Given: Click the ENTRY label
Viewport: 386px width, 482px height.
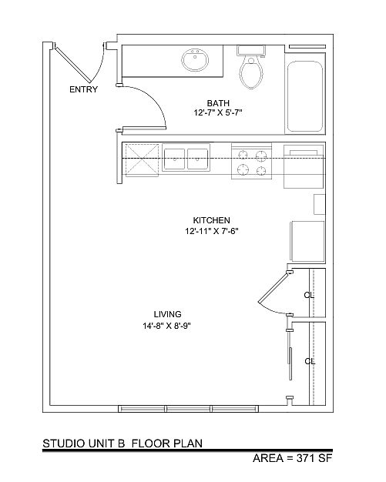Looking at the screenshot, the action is click(x=83, y=89).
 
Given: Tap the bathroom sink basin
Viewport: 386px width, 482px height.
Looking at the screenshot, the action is click(x=195, y=59).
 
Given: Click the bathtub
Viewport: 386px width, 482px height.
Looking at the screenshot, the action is click(x=305, y=96).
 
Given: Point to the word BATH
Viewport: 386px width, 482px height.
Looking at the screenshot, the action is click(x=218, y=103).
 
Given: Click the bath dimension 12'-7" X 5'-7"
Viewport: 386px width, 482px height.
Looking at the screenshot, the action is click(x=218, y=113).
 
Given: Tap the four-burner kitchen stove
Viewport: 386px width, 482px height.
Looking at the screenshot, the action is click(x=252, y=161).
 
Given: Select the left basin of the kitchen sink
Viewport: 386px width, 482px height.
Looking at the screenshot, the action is click(x=174, y=159).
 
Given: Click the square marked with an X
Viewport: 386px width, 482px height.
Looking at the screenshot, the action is click(x=142, y=160).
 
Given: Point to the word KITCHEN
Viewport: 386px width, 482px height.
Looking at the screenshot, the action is click(x=212, y=220).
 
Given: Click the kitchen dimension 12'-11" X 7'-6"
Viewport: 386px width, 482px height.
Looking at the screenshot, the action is click(x=212, y=231).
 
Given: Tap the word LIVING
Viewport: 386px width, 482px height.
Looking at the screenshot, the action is click(x=168, y=314).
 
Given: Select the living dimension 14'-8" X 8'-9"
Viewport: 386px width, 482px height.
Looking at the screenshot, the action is click(x=167, y=326).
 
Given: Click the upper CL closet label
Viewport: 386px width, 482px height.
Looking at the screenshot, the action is click(x=309, y=295).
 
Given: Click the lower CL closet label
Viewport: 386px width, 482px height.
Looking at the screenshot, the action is click(x=310, y=361).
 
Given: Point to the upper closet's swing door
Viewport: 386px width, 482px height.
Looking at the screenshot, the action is click(x=273, y=287).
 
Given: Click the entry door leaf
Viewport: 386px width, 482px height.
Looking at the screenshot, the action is click(x=73, y=65).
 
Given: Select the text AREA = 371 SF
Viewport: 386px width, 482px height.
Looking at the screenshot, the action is click(x=293, y=458).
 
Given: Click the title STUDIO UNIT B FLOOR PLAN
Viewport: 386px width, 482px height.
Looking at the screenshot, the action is click(x=123, y=444).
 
